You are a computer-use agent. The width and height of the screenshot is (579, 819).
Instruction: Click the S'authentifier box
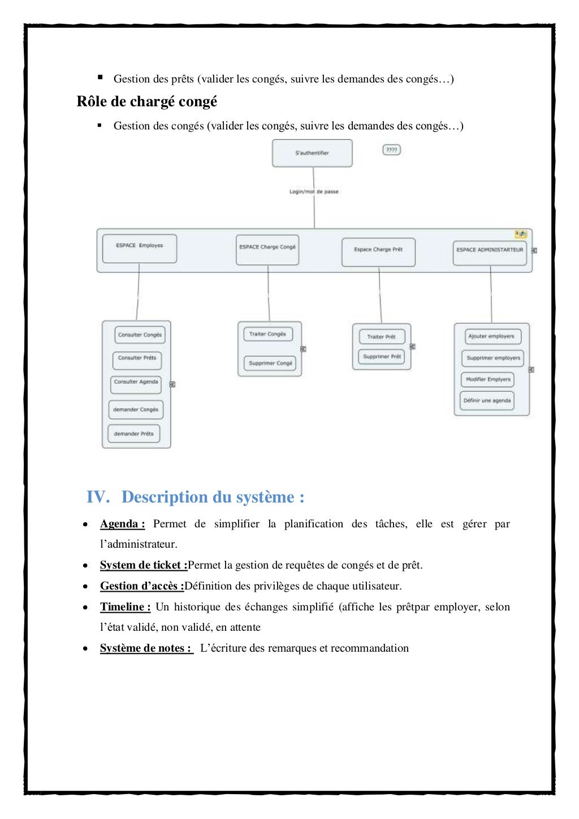point(312,153)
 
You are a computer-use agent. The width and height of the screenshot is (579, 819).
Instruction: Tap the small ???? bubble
point(391,150)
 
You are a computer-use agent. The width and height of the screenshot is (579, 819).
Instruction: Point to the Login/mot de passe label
point(314,192)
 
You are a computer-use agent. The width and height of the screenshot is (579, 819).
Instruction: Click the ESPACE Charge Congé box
point(267,250)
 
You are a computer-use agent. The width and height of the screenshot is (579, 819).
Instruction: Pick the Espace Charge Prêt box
point(378,252)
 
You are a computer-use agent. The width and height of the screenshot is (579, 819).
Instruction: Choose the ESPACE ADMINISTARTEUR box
point(490,253)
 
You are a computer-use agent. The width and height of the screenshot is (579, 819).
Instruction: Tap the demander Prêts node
point(133,434)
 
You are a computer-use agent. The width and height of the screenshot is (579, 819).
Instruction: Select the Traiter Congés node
point(267,334)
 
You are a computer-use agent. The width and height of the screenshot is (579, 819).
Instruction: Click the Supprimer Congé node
point(270,363)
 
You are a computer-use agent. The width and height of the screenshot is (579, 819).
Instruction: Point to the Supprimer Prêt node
point(382,357)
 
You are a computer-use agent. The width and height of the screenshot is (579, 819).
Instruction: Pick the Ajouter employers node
point(491,336)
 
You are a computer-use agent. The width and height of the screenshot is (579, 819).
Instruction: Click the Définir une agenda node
point(487,401)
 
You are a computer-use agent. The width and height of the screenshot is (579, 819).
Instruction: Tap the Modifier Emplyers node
point(488,379)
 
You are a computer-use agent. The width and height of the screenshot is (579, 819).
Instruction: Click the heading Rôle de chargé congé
point(147,102)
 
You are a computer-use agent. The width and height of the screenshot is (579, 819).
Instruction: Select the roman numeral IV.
point(97,497)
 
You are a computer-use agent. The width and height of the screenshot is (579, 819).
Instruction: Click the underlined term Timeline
point(125,607)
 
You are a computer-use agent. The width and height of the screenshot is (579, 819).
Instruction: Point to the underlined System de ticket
point(144,565)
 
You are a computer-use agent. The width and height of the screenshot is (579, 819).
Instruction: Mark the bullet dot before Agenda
point(85,525)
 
